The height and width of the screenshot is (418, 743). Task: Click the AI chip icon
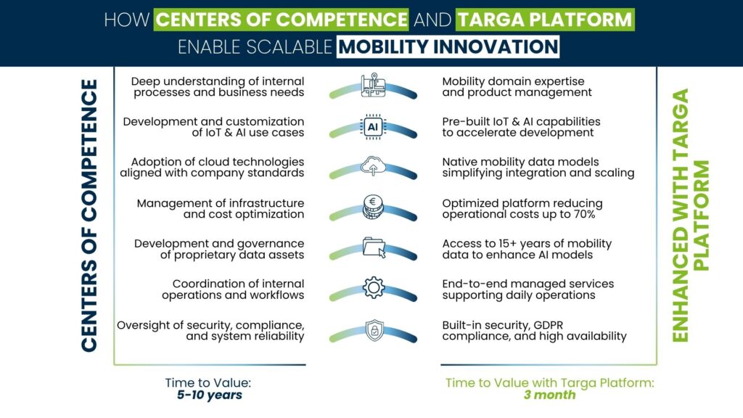pos(373,126)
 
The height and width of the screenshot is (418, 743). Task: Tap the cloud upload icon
pos(373,167)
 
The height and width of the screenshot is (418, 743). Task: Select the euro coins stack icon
pos(373,207)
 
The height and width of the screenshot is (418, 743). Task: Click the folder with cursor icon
pos(373,247)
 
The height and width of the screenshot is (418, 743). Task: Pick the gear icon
pos(373,288)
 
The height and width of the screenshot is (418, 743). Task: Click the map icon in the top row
pos(373,85)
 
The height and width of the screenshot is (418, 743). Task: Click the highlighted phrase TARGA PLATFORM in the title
pos(545,18)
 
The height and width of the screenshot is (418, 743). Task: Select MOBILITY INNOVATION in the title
pos(448,46)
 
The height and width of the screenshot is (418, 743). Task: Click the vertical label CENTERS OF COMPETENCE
pos(89,216)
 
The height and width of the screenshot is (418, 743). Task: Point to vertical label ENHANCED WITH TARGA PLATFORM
pos(691,216)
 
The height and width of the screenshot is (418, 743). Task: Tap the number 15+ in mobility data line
pos(495,243)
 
